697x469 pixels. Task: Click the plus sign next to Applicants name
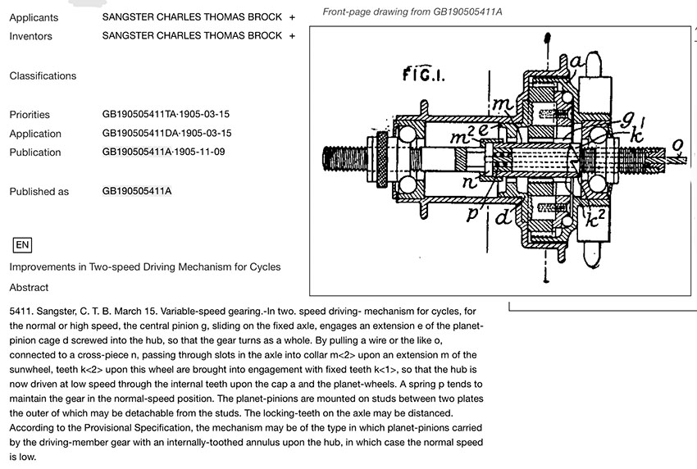click(292, 16)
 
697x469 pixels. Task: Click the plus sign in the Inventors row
click(292, 36)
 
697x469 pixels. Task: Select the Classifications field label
click(43, 75)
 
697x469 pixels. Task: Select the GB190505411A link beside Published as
click(137, 192)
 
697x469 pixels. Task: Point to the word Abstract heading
click(29, 288)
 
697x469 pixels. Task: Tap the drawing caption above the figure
click(412, 11)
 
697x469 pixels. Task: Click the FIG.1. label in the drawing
click(423, 76)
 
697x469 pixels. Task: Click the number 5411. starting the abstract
click(22, 312)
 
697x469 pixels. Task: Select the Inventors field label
click(31, 36)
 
